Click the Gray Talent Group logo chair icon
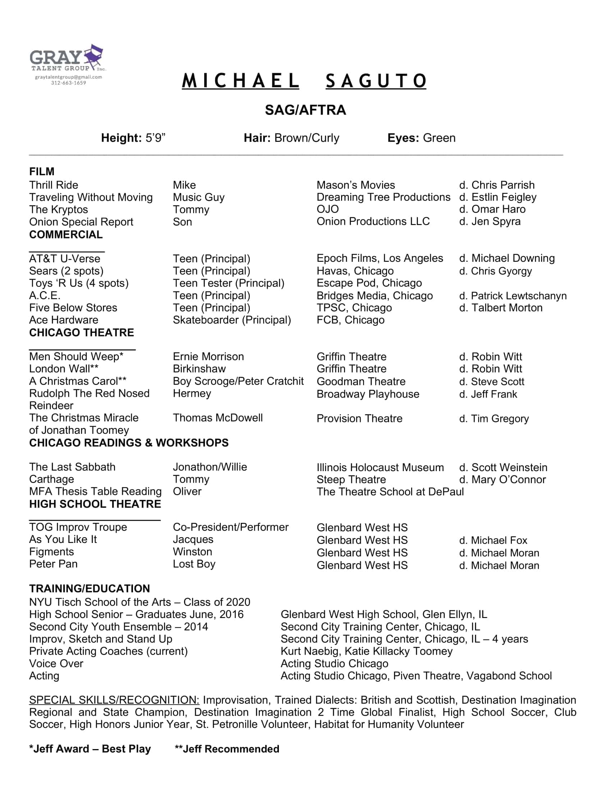point(93,55)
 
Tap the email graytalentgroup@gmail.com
point(68,77)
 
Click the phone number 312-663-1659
point(68,83)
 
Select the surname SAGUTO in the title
point(376,81)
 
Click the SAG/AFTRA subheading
point(305,110)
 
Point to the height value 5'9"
point(155,138)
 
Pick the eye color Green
point(439,138)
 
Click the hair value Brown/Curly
point(307,138)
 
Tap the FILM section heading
point(42,171)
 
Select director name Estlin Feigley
point(504,197)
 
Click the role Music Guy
point(198,197)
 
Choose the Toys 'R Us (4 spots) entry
point(79,283)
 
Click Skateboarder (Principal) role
point(232,320)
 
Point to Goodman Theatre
point(360,381)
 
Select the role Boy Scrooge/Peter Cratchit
point(238,381)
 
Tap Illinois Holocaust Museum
point(380,467)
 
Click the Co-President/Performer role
point(230,527)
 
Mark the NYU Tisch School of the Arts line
point(139,602)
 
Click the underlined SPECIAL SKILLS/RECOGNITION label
point(114,700)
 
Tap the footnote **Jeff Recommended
point(226,749)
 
